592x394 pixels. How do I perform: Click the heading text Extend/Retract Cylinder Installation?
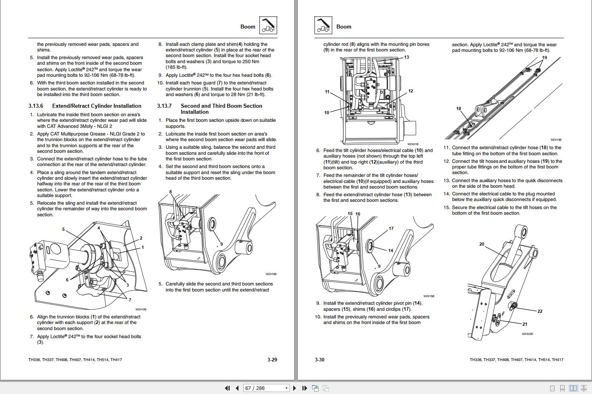click(x=97, y=106)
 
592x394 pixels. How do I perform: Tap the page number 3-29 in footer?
click(x=272, y=359)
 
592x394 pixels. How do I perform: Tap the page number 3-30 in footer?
click(x=319, y=359)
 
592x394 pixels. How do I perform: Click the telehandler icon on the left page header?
click(x=268, y=26)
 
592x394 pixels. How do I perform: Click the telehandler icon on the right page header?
click(x=323, y=26)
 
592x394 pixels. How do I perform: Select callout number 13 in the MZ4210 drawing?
click(x=406, y=57)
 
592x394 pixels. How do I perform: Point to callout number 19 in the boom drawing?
click(x=545, y=57)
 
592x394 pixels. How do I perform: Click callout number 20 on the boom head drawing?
click(x=481, y=244)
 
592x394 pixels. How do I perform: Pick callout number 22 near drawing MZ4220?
click(x=540, y=311)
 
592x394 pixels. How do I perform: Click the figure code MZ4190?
click(x=141, y=310)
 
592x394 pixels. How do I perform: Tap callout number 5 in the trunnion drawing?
click(x=63, y=229)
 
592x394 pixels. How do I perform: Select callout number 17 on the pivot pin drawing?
click(x=391, y=228)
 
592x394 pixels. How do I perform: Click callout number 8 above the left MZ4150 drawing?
click(x=171, y=192)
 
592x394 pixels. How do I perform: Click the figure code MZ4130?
click(x=556, y=140)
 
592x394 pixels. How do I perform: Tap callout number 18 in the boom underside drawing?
click(x=458, y=109)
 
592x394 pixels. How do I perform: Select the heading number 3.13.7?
click(x=164, y=106)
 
